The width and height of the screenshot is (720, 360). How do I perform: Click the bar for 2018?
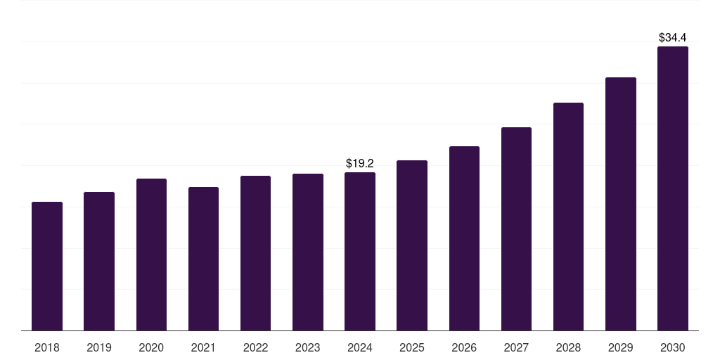(x=47, y=266)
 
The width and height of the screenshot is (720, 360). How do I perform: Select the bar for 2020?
(x=152, y=255)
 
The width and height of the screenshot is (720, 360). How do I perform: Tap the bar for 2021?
(x=203, y=259)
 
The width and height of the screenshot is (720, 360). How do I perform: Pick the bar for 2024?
(x=360, y=252)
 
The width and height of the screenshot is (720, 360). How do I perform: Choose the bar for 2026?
(x=464, y=238)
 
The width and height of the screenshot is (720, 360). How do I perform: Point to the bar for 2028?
(x=568, y=217)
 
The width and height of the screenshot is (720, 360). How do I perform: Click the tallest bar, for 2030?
(x=673, y=188)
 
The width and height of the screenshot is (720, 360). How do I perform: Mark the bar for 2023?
(x=308, y=252)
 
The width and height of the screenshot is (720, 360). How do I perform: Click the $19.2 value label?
(x=360, y=163)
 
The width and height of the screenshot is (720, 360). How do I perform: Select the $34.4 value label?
(x=673, y=38)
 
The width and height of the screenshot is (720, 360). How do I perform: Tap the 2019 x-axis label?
(x=99, y=348)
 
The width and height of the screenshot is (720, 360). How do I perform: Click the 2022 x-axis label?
(x=256, y=348)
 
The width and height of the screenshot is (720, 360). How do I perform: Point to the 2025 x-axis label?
(x=412, y=348)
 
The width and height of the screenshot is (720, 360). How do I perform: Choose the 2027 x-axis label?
(x=516, y=348)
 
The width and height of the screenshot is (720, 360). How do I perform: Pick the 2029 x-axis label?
(x=621, y=348)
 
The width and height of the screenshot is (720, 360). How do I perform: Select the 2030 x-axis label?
(x=673, y=348)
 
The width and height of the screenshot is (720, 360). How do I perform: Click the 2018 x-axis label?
(x=47, y=348)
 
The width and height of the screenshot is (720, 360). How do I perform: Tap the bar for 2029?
(x=621, y=205)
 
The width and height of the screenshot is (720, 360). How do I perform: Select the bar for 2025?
(x=412, y=245)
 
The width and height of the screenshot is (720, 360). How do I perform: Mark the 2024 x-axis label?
(x=360, y=348)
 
